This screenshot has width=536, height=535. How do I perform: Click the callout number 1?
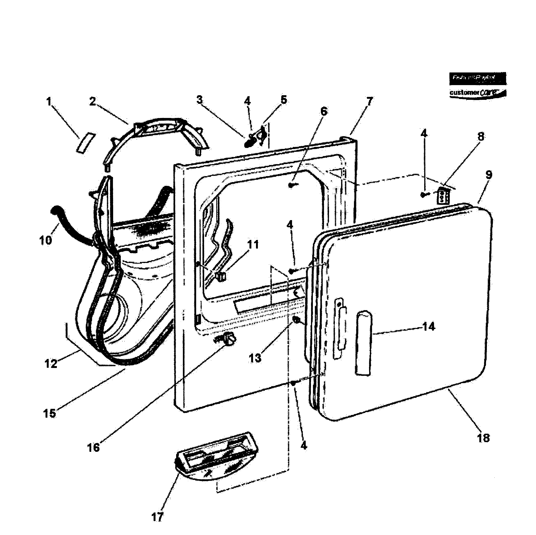click(49, 102)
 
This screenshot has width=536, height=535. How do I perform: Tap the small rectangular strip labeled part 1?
click(86, 143)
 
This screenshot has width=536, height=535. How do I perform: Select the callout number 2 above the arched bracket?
click(92, 102)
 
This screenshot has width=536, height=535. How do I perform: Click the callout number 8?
click(481, 136)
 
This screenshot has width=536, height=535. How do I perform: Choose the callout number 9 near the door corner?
click(489, 175)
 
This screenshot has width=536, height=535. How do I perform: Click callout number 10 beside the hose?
click(46, 240)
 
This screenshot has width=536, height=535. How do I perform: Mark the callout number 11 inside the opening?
click(253, 245)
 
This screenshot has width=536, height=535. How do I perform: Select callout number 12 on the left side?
click(51, 364)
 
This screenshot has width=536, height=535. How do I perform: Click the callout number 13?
click(255, 358)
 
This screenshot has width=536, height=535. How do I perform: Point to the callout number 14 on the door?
click(428, 327)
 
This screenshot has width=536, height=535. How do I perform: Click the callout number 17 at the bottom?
click(157, 517)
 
